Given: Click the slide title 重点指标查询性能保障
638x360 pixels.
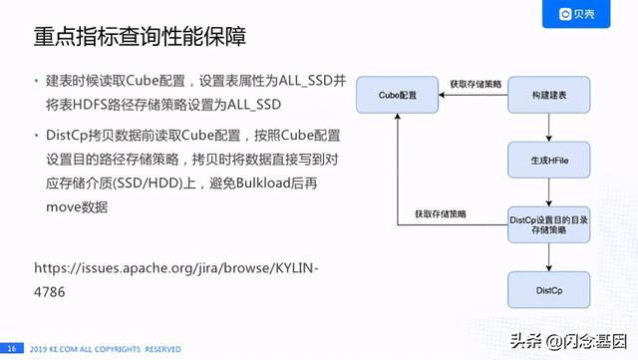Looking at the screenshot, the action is pyautogui.click(x=141, y=37).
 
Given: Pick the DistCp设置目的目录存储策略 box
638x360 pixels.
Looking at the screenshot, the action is pyautogui.click(x=548, y=225).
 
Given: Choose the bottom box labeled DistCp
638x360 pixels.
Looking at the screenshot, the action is pyautogui.click(x=548, y=289).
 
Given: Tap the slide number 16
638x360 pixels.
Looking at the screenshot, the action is pyautogui.click(x=13, y=348).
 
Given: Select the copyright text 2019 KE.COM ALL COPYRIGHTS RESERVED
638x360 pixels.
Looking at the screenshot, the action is pyautogui.click(x=105, y=348).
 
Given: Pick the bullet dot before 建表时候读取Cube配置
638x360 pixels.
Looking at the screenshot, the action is pyautogui.click(x=36, y=80).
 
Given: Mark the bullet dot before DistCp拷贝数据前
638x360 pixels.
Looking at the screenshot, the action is pyautogui.click(x=36, y=137).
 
